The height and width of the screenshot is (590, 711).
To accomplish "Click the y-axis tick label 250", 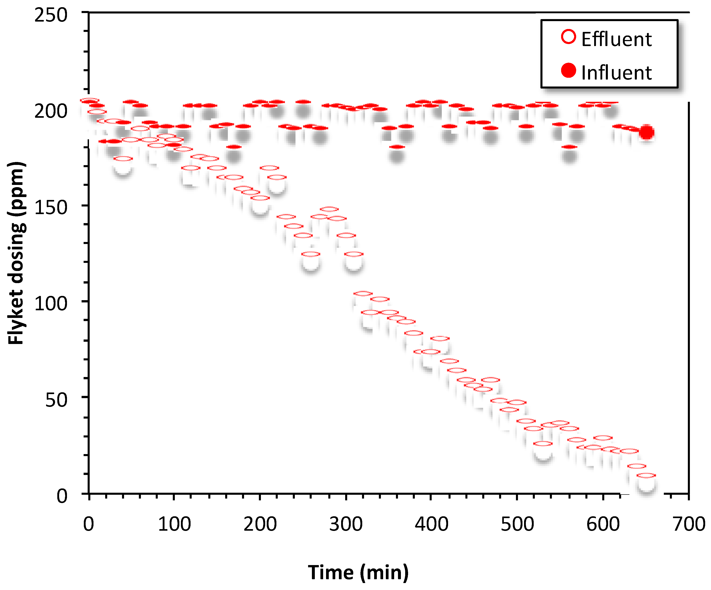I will (x=51, y=15).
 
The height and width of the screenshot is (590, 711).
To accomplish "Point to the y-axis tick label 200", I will (x=51, y=111).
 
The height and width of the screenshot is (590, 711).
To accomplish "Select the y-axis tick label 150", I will (x=51, y=207).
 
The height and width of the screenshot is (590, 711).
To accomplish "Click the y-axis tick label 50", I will (x=56, y=400).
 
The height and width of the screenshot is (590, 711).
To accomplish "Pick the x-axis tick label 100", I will (x=174, y=524).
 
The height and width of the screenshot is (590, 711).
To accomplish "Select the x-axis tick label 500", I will (x=517, y=524).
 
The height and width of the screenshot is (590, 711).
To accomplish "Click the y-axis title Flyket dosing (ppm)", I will (x=16, y=253).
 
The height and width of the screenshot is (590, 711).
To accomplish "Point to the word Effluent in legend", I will (x=616, y=39).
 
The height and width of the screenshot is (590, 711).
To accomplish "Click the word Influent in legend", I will (x=616, y=72).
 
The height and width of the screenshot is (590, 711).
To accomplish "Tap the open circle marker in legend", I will (x=569, y=37).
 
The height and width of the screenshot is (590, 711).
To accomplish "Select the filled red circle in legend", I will (x=569, y=70).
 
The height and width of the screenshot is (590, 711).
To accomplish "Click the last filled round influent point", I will (x=646, y=132).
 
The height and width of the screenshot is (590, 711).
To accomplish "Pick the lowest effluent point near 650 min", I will (x=646, y=476).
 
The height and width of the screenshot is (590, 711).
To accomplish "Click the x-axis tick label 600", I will (x=603, y=524).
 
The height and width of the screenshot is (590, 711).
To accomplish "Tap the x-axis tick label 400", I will (x=432, y=524).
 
